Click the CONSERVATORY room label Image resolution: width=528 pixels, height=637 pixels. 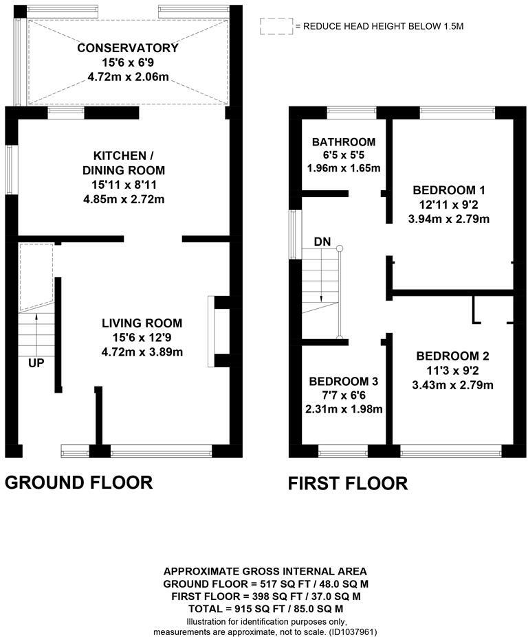click(x=128, y=48)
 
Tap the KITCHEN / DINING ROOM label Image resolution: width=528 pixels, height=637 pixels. click(x=124, y=163)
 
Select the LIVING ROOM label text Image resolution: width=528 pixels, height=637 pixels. click(x=142, y=323)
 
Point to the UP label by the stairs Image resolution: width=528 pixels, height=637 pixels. click(x=36, y=363)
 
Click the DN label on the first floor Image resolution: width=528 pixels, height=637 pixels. click(x=322, y=242)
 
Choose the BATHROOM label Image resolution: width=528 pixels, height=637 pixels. click(x=344, y=142)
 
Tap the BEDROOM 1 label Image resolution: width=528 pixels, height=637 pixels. click(x=449, y=190)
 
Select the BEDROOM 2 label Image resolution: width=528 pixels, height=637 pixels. click(x=452, y=356)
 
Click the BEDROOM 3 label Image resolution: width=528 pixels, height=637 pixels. click(x=343, y=382)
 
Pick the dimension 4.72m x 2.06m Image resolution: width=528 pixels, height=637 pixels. click(x=128, y=77)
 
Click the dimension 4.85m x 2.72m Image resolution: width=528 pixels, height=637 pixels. click(x=124, y=200)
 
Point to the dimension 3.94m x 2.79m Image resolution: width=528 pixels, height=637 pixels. click(x=449, y=220)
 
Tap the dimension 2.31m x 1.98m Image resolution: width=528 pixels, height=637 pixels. click(x=344, y=409)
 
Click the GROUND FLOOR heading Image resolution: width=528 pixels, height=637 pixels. click(x=79, y=483)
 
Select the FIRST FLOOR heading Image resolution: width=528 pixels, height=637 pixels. click(x=348, y=483)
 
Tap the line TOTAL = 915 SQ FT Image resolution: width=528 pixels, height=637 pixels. click(x=265, y=609)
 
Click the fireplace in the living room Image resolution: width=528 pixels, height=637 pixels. click(x=212, y=332)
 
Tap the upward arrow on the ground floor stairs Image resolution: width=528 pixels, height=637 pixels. click(x=36, y=329)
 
